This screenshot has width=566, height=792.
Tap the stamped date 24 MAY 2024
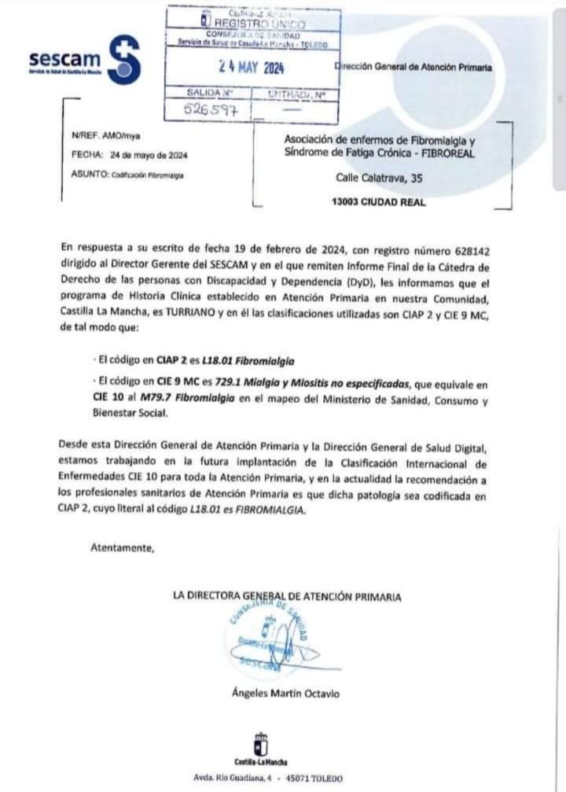click(252, 67)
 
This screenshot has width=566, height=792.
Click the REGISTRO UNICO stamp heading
click(254, 24)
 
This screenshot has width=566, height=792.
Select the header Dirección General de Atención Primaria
click(414, 68)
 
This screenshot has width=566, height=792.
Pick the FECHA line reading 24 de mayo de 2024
click(129, 156)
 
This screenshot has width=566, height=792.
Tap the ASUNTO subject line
click(127, 175)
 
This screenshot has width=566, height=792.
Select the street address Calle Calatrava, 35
click(379, 179)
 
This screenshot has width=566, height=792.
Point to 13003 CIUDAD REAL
click(379, 202)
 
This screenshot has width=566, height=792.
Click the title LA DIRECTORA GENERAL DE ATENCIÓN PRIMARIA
click(286, 597)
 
